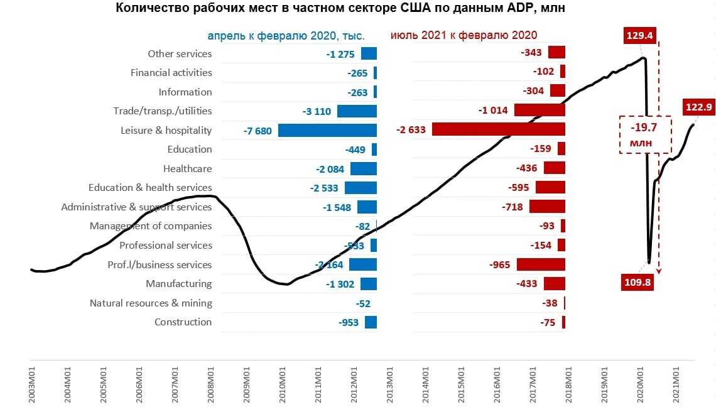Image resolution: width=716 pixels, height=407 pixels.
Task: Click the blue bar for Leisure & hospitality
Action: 327,130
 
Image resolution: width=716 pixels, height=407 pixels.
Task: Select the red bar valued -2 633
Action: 499,129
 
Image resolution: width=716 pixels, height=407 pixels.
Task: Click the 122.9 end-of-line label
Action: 698,107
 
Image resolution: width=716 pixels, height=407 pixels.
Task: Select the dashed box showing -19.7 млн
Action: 646,135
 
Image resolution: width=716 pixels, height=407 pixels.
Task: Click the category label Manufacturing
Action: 178,283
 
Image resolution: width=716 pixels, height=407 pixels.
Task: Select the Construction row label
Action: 183,322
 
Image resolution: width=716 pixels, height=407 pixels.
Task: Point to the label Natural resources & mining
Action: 151,303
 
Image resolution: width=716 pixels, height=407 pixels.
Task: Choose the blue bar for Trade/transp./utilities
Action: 357,111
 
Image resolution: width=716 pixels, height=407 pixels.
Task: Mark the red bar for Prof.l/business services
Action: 541,264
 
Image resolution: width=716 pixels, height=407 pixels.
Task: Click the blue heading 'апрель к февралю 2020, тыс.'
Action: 286,36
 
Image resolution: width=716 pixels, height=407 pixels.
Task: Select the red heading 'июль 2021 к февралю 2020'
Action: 464,36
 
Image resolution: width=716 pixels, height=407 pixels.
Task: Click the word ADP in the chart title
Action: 516,9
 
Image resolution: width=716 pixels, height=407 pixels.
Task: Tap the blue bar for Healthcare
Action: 363,168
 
